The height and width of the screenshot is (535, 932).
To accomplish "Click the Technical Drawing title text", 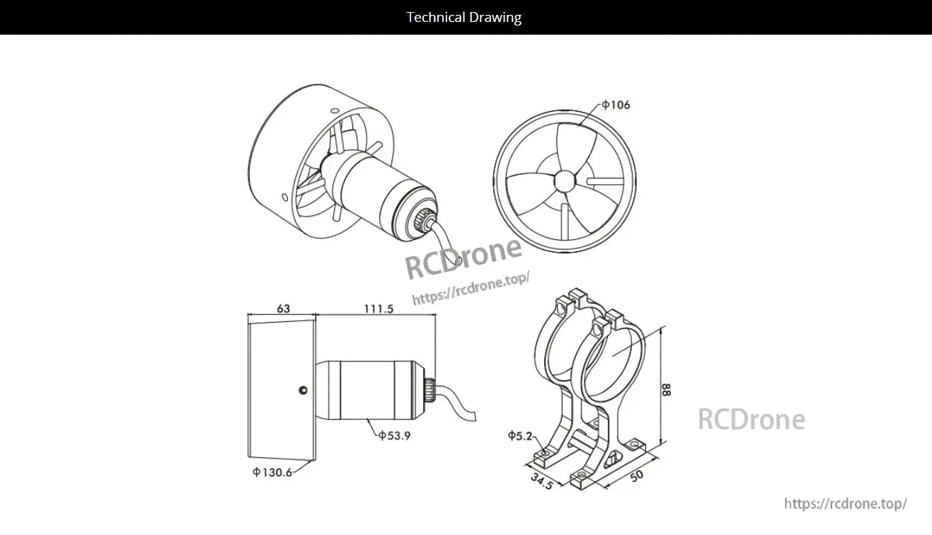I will [x=464, y=17].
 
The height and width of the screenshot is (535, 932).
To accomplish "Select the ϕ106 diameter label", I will [x=616, y=105].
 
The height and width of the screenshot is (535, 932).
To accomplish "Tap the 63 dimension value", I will [x=283, y=309].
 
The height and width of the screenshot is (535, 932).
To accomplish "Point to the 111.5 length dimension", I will [x=379, y=309].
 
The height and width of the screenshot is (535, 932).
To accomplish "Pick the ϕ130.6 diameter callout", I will [x=272, y=473].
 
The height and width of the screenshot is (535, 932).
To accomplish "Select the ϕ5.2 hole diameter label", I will [x=520, y=436].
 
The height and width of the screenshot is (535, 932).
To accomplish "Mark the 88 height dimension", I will [x=667, y=389].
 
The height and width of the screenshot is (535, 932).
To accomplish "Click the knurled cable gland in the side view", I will [x=430, y=388].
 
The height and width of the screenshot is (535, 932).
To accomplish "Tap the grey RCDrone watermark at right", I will [x=751, y=420].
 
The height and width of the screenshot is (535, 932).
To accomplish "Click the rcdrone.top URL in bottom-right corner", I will [x=845, y=504].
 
